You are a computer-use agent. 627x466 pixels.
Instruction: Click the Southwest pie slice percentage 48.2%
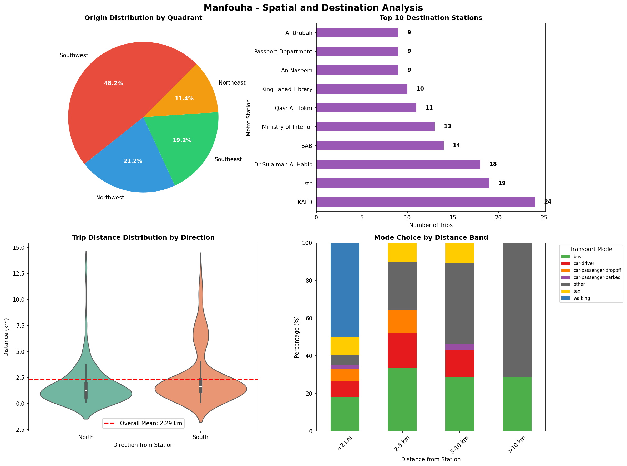(x=113, y=83)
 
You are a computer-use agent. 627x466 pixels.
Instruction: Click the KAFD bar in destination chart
(x=425, y=202)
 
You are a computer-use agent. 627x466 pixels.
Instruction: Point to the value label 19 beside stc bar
(x=502, y=183)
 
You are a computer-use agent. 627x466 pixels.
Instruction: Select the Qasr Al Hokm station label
(x=293, y=108)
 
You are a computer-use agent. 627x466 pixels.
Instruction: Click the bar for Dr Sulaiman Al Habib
(x=398, y=164)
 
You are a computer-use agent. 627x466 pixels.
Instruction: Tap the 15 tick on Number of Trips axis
(x=453, y=218)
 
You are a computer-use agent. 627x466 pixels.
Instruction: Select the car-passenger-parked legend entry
(x=596, y=277)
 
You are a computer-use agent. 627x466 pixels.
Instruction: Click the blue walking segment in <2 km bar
(x=345, y=290)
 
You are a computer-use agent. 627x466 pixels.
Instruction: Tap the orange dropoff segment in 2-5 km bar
(x=402, y=321)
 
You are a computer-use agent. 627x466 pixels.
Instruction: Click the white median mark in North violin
(x=86, y=391)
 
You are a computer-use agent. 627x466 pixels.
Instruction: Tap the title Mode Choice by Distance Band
(x=431, y=238)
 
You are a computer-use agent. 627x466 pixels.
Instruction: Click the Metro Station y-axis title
(x=248, y=117)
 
